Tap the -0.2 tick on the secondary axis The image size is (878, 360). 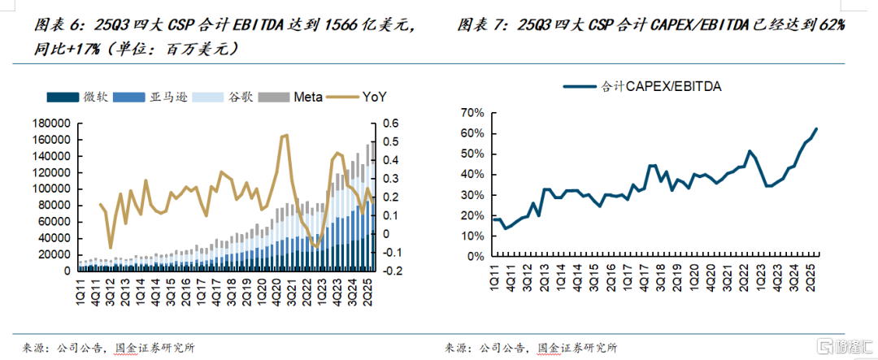[393, 271]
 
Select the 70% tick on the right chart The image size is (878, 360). [472, 113]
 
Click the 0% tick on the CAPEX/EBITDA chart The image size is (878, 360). [475, 257]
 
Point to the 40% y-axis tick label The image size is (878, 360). [472, 175]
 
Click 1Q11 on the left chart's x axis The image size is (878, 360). [80, 288]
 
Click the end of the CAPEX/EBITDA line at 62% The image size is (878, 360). [816, 128]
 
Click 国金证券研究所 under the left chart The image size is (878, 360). [155, 348]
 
